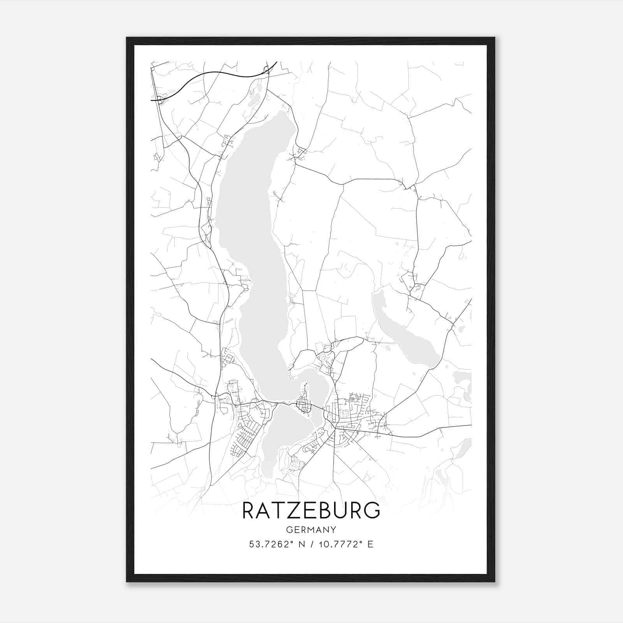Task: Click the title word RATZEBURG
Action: pos(311,510)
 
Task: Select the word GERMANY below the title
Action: pos(311,530)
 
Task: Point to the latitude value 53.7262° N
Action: pos(276,544)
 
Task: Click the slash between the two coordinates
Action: pos(311,544)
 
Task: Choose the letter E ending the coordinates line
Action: pos(370,544)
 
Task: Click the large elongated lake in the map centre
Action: pos(257,234)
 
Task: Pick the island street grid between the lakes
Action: pos(304,405)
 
